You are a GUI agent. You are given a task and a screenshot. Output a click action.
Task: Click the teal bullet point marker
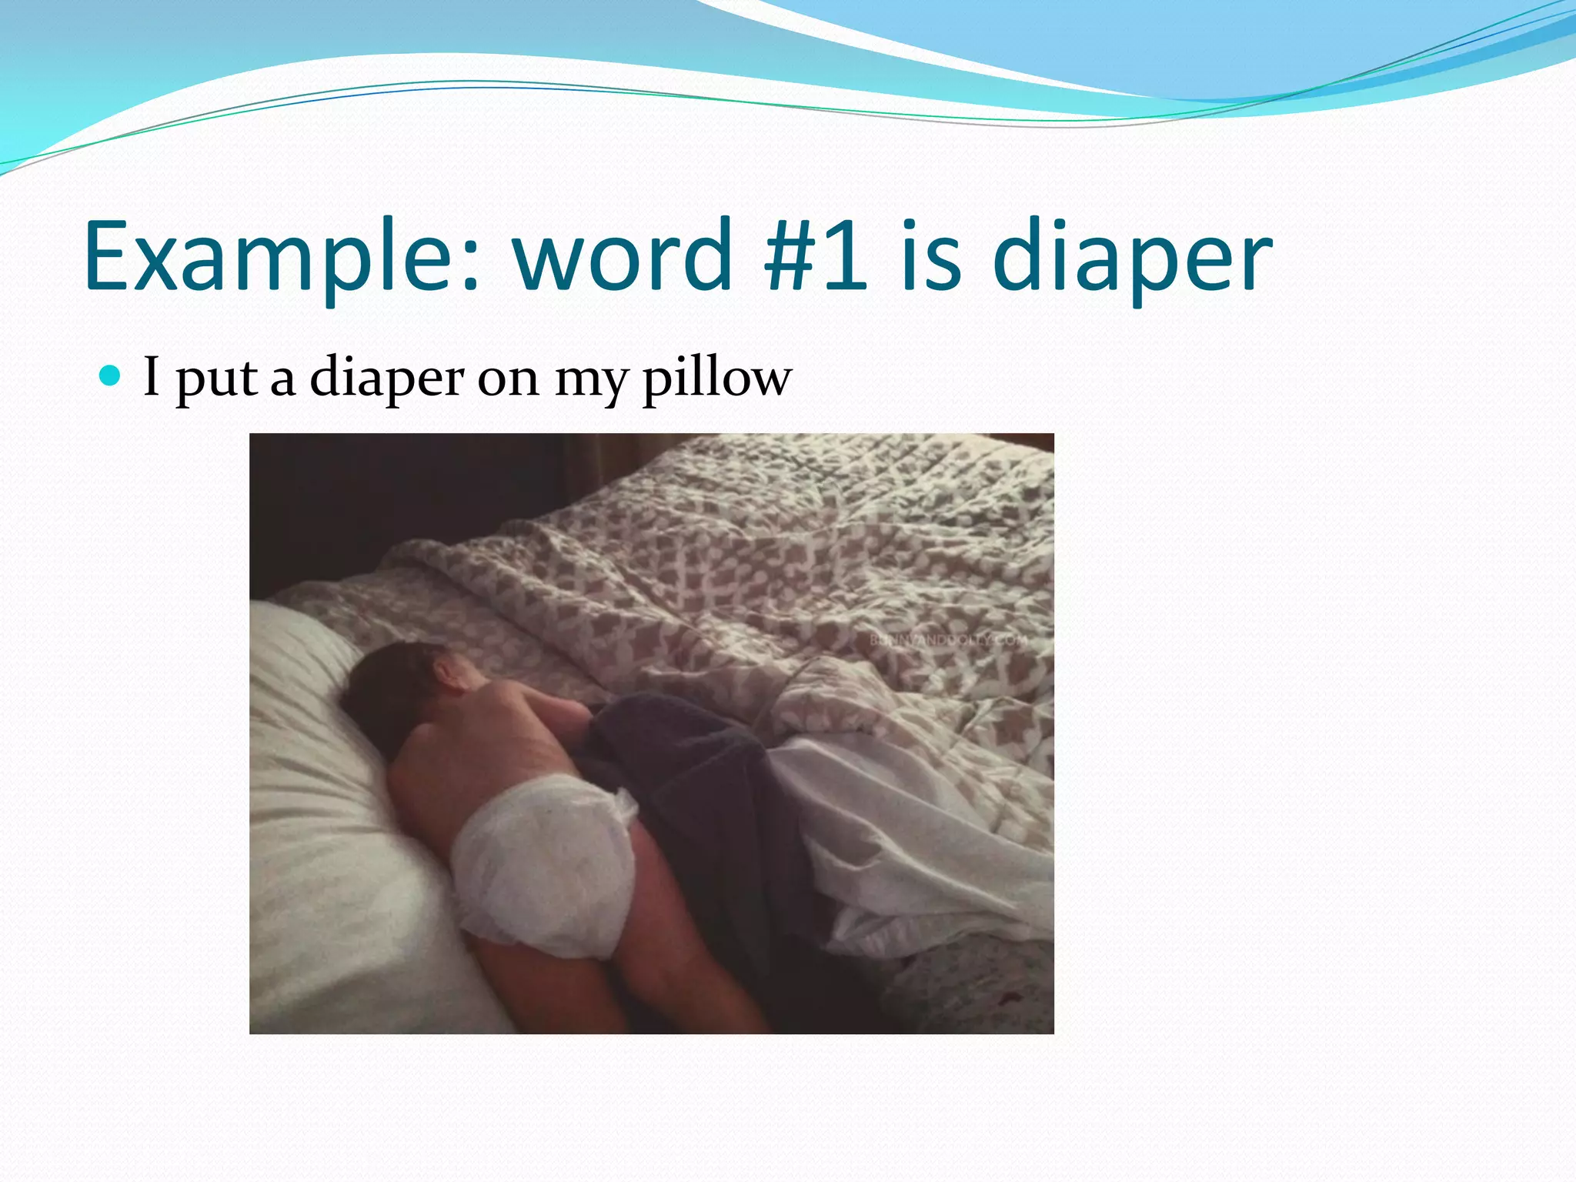tap(111, 376)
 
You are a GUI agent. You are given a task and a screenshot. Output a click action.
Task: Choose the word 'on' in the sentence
tap(508, 380)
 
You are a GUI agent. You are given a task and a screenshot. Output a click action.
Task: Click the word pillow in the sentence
tap(716, 379)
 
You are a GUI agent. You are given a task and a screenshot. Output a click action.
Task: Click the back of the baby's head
tap(392, 693)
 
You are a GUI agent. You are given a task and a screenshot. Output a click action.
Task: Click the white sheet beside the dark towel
tap(908, 831)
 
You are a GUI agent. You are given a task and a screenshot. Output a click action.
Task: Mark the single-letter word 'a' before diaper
tap(282, 380)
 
